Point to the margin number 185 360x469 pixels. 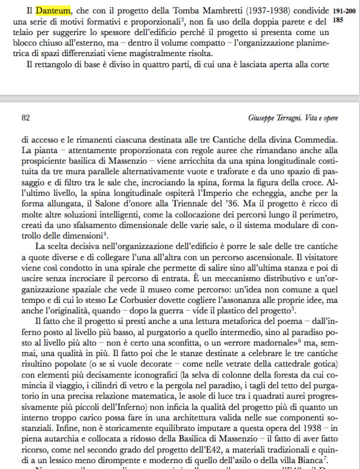click(x=338, y=19)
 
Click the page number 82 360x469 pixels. click(x=25, y=117)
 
